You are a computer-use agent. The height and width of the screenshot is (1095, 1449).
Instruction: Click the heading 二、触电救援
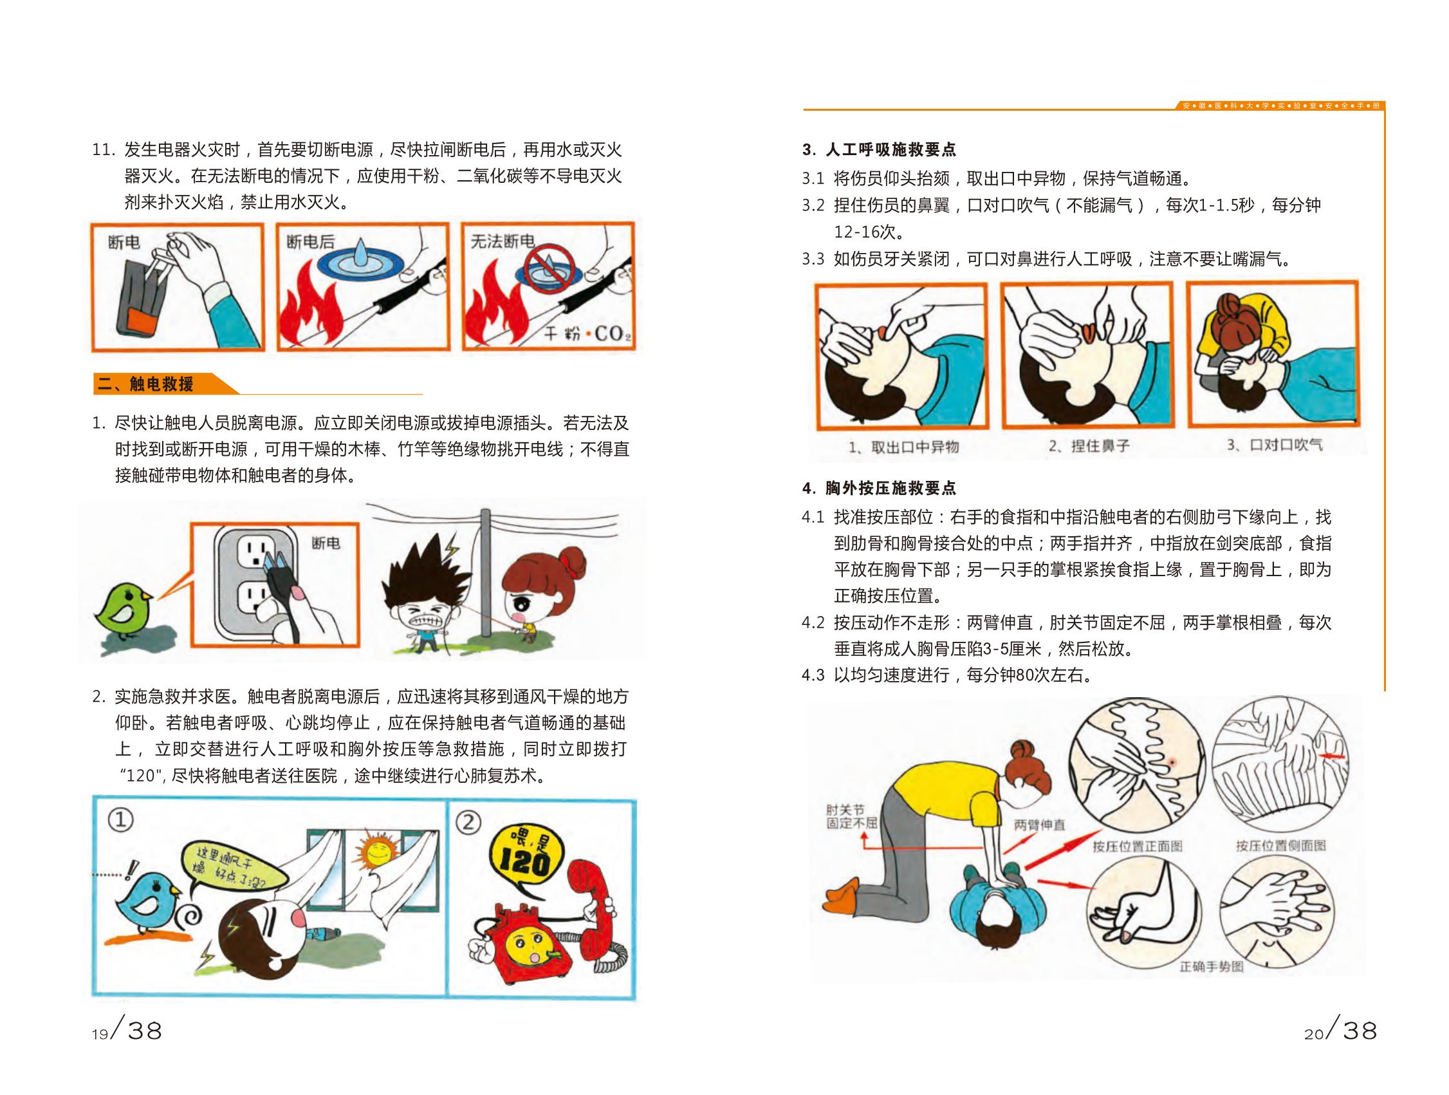coord(145,384)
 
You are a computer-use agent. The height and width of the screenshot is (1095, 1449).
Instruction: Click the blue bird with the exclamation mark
coord(149,902)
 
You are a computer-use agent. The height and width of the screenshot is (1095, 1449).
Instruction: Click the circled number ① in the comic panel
coord(120,819)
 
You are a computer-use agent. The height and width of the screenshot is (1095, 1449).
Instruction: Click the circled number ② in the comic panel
coord(468,821)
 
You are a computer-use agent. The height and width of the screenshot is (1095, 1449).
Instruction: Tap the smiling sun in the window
coord(376,851)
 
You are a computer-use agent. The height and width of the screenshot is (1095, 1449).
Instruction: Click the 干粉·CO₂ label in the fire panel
coord(587,333)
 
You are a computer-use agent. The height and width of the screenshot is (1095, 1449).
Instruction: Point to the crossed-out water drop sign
coord(549,268)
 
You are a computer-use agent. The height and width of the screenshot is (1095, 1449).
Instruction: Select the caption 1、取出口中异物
coord(903,447)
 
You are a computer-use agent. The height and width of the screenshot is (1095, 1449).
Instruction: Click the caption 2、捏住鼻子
coord(1089,445)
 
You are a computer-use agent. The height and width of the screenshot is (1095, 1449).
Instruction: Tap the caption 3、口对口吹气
coord(1275,445)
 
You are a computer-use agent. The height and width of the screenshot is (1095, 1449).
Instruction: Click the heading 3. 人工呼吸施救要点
coord(879,150)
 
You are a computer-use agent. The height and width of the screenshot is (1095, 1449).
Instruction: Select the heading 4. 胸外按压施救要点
coord(879,488)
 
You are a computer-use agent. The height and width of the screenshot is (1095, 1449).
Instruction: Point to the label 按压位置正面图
coord(1137,846)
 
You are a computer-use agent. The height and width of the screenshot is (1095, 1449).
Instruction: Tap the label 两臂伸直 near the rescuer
coord(1040,825)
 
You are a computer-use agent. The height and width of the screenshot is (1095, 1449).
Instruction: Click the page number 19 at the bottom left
coord(100,1034)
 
